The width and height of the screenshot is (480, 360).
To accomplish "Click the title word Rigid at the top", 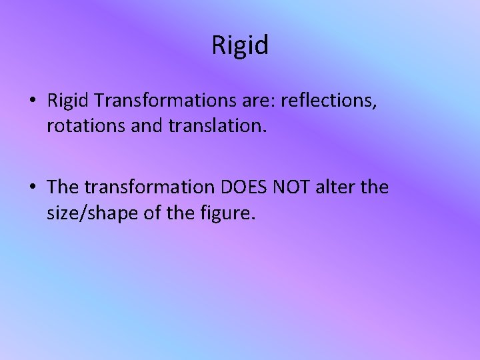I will pos(240,46).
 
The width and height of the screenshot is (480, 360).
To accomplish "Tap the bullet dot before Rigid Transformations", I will pos(32,101).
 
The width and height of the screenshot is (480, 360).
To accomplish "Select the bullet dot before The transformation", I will pos(32,189).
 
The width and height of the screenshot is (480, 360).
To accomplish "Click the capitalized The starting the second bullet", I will pos(64,188).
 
